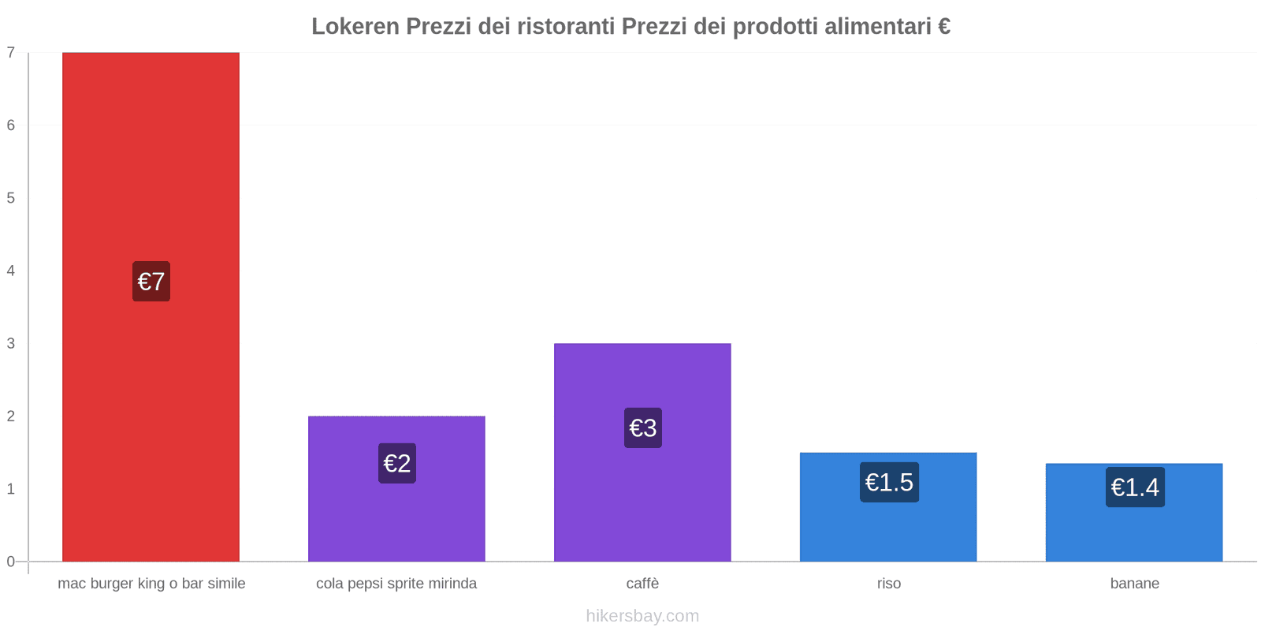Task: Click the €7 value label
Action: coord(151,282)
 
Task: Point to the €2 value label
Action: coord(396,463)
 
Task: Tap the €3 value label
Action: coord(642,428)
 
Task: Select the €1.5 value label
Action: coord(888,482)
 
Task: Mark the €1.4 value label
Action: coord(1134,487)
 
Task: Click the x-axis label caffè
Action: coord(642,584)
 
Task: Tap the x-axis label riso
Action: coord(888,584)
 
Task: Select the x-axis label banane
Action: coord(1134,584)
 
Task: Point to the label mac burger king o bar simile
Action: coord(151,584)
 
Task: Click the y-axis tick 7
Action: coord(11,53)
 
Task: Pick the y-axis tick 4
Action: coord(11,271)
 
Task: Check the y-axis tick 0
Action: coord(11,562)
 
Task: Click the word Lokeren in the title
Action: coord(355,26)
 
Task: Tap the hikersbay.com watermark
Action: coord(642,615)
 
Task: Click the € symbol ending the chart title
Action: coord(943,26)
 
